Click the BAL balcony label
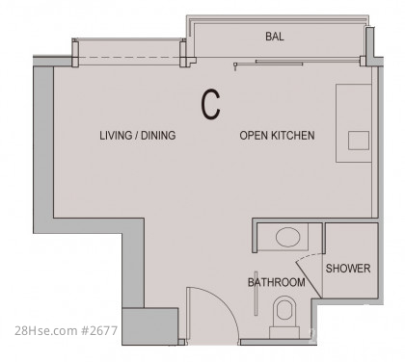click(275, 37)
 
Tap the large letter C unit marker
click(210, 105)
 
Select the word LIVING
click(116, 135)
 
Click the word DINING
click(158, 135)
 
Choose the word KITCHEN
click(293, 135)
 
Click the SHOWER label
click(348, 269)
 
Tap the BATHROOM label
click(277, 282)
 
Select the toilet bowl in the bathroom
click(284, 308)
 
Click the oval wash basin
click(287, 237)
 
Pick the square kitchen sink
click(359, 141)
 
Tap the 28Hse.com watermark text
click(46, 330)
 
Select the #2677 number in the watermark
click(99, 330)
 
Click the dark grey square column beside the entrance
click(149, 326)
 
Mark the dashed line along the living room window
click(128, 58)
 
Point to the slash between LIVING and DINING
click(137, 136)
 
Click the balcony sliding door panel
click(279, 62)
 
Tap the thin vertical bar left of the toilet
click(256, 294)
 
